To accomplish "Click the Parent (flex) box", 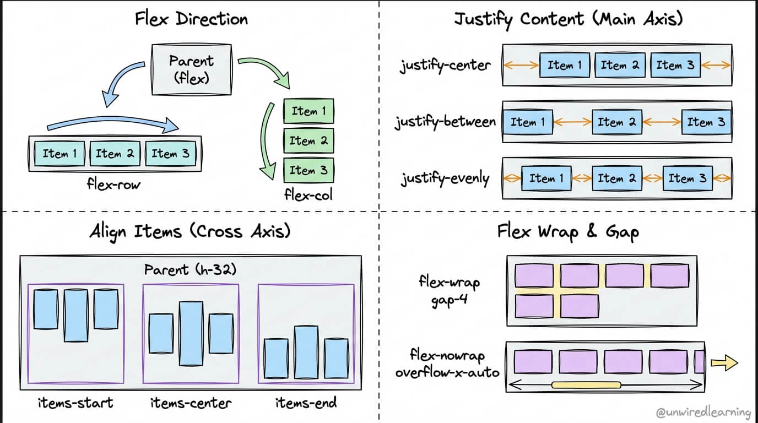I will click(x=192, y=68).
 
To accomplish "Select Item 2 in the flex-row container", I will click(x=115, y=154).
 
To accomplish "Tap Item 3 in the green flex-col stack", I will click(x=308, y=170).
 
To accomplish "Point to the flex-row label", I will click(x=114, y=185).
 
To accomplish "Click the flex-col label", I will click(x=308, y=195).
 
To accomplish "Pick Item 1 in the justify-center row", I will click(x=564, y=65).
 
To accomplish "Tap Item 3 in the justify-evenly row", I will click(x=687, y=178).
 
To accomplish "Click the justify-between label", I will click(x=445, y=122).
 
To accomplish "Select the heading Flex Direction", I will click(x=191, y=19).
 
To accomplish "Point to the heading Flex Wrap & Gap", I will click(x=568, y=231).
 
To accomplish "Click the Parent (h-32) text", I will click(x=191, y=270).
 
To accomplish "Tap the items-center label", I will click(x=191, y=403).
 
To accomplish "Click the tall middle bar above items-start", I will click(x=76, y=315).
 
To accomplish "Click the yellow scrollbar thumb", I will click(x=586, y=384).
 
